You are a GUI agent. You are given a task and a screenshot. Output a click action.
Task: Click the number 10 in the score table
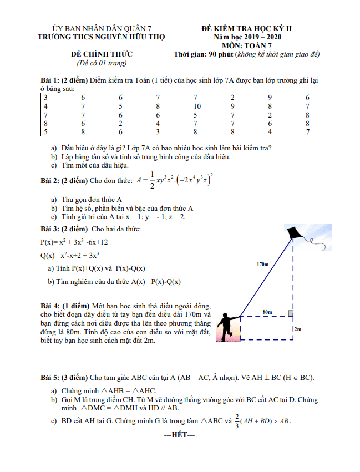point(197,106)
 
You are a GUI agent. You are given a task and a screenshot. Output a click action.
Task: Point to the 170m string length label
point(262,265)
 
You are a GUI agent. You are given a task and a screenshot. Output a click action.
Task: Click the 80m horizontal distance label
point(267,312)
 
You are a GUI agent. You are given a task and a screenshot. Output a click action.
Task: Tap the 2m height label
point(298,329)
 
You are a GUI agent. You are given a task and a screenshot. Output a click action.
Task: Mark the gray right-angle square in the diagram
point(290,314)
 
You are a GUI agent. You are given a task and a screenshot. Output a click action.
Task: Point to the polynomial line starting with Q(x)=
point(70,256)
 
